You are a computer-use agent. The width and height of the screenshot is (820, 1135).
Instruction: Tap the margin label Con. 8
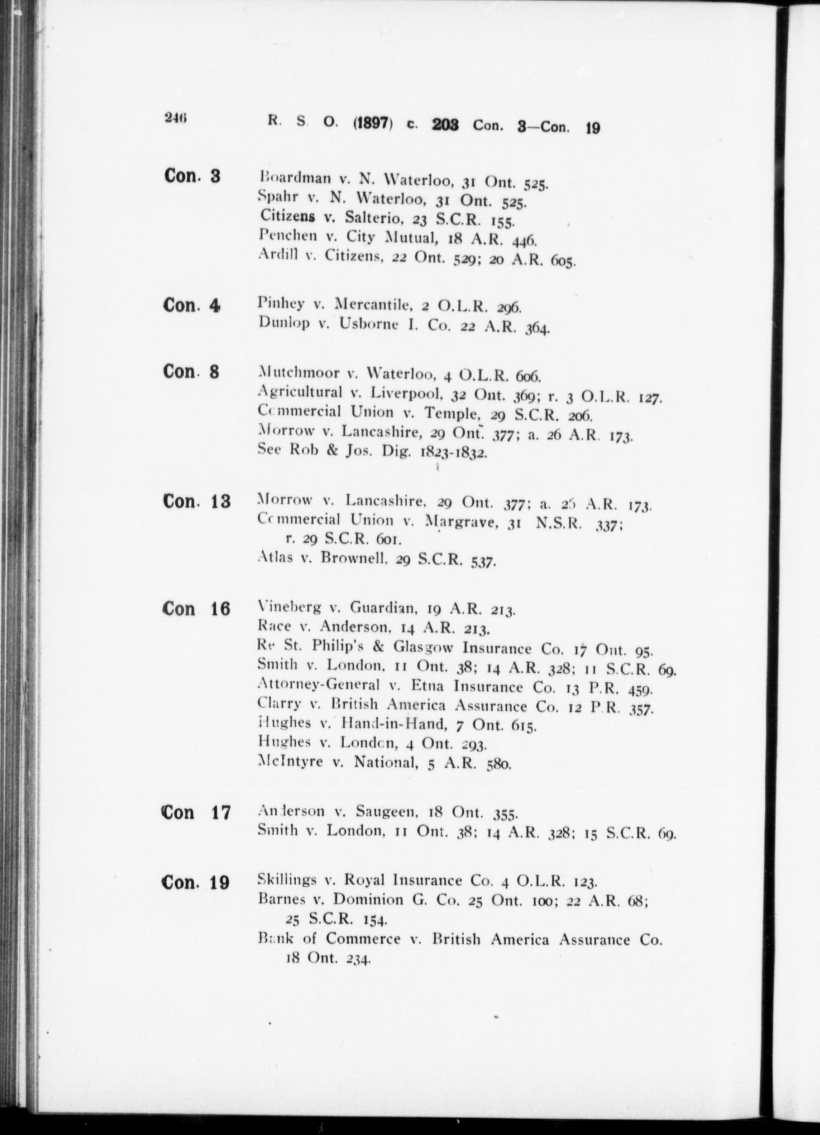(191, 372)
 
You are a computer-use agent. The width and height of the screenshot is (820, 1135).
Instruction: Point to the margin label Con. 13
(197, 501)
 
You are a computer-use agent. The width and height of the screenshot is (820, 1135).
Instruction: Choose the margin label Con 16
(196, 609)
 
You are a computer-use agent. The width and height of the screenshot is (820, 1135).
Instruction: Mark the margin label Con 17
(196, 813)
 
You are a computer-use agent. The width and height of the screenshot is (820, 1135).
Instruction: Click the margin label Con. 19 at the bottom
(196, 882)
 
